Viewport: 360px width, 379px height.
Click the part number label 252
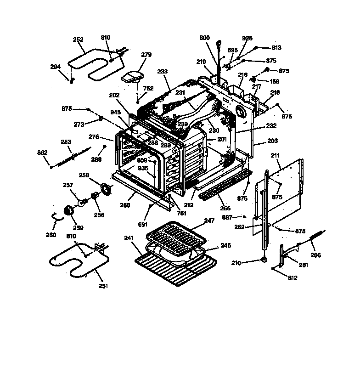78,40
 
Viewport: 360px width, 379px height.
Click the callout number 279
146,55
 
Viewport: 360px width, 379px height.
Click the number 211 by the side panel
275,156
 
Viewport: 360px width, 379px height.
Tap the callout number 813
276,47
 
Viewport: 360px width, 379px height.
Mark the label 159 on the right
274,82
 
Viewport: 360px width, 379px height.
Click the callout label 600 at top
205,38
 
